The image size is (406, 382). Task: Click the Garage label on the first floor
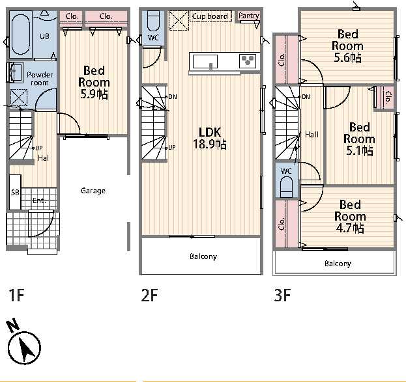93,191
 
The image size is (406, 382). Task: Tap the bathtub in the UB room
21,34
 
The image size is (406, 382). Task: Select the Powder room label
40,79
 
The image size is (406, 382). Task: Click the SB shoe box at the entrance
15,192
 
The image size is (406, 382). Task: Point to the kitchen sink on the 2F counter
205,62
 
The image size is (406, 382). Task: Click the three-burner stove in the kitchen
248,61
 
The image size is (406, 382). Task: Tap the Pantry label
248,16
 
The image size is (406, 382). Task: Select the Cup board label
210,16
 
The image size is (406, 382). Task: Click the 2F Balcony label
203,256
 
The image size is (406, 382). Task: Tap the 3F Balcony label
338,264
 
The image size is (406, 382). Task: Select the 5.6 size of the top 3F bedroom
347,57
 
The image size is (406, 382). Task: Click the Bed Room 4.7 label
350,216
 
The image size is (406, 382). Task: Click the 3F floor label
282,295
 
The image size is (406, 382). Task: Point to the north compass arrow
25,348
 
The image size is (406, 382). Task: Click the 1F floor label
16,295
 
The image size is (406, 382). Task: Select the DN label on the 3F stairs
306,97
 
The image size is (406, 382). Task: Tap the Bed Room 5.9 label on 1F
94,82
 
